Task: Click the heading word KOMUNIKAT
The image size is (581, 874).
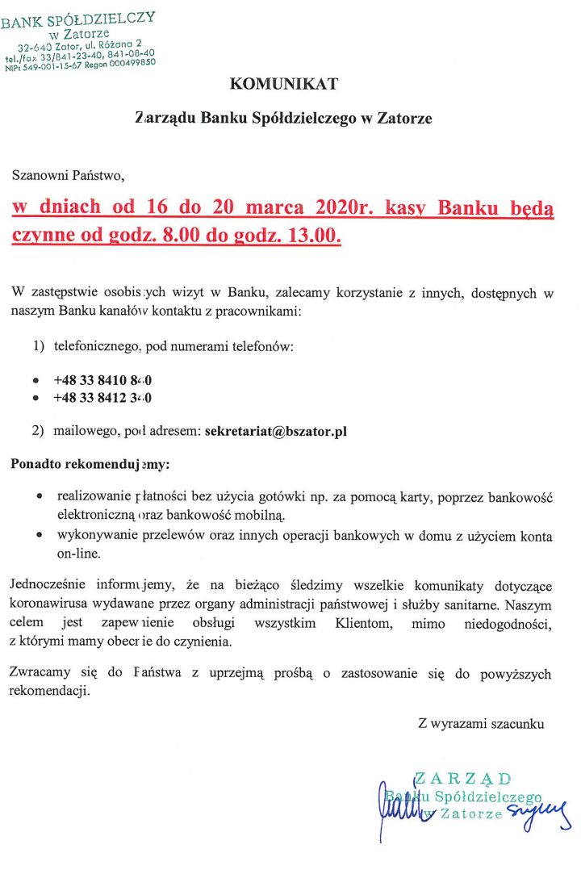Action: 283,83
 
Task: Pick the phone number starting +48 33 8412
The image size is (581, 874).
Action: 102,397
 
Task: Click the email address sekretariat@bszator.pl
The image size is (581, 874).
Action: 276,431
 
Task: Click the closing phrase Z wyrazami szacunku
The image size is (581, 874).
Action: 481,724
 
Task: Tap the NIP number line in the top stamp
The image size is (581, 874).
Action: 81,67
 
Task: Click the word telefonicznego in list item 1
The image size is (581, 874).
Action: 98,346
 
